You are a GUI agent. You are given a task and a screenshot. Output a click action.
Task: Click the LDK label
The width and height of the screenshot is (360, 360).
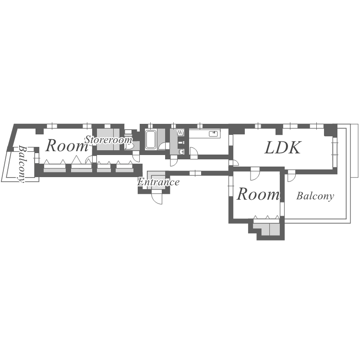[x=283, y=148]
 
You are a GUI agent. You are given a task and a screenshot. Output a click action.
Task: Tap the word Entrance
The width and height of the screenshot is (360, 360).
[x=158, y=182]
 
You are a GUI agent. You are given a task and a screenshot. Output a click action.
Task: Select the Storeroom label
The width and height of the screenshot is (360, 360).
[x=108, y=140]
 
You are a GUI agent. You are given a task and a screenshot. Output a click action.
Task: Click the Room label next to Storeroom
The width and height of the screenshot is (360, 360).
[x=66, y=146]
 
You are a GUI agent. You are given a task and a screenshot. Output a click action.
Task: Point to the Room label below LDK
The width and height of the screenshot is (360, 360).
[x=258, y=194]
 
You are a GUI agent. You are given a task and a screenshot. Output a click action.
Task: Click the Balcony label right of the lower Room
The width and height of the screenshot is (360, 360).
[x=315, y=196]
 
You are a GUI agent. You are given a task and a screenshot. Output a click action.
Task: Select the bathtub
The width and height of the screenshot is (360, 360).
[x=150, y=140]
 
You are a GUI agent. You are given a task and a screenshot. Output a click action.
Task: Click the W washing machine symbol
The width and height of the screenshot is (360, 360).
[x=180, y=132]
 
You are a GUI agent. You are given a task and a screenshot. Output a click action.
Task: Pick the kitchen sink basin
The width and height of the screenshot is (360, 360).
[x=214, y=133]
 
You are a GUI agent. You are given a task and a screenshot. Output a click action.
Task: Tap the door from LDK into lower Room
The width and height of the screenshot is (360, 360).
[x=255, y=172]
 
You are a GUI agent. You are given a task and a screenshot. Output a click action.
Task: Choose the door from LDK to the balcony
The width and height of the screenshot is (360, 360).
[x=291, y=177]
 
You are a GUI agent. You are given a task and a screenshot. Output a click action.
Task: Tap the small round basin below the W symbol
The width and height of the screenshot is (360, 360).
[x=181, y=152]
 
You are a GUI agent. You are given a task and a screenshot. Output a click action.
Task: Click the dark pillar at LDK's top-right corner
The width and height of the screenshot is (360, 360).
[x=330, y=130]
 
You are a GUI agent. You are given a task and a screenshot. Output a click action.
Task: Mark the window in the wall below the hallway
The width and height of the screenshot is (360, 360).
[x=195, y=173]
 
